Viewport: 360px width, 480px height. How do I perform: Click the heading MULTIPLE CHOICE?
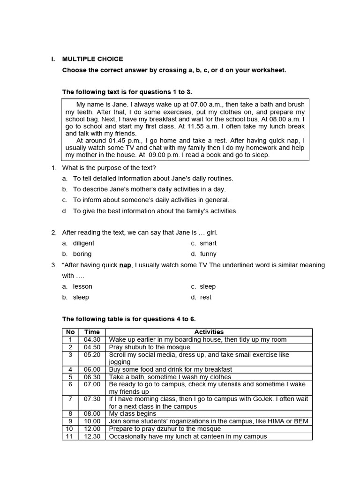[93, 59]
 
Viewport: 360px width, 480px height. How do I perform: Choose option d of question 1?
[155, 211]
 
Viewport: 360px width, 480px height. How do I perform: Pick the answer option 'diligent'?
[83, 243]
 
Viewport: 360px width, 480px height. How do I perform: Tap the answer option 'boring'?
[82, 254]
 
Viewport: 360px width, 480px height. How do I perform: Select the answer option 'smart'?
[208, 243]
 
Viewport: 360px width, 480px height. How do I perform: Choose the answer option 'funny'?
[208, 254]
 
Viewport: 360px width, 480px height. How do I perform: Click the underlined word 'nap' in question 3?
[125, 265]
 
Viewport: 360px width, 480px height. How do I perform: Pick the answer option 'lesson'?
[82, 286]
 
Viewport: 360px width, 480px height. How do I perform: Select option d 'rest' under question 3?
[205, 297]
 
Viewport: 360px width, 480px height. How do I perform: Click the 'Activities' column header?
[209, 332]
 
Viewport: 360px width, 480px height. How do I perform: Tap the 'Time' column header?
[92, 332]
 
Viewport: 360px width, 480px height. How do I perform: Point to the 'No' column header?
[70, 332]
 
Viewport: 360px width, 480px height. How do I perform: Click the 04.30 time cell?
[92, 339]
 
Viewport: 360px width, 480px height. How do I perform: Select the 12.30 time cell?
[92, 436]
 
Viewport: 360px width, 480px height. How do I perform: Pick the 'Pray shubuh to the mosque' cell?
[150, 347]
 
